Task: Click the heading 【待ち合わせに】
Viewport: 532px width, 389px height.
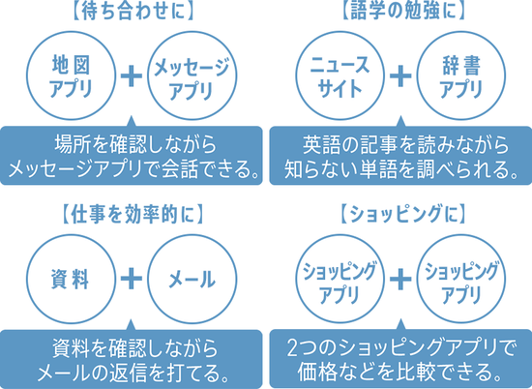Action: click(x=133, y=12)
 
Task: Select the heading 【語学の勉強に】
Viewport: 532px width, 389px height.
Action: click(x=401, y=12)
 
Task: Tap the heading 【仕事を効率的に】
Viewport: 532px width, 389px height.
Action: click(x=133, y=215)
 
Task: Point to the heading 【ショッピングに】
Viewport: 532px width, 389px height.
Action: click(x=401, y=215)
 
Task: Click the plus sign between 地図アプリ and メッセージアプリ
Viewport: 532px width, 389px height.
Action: click(x=132, y=75)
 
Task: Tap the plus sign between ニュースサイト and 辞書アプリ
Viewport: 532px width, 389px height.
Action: click(x=400, y=75)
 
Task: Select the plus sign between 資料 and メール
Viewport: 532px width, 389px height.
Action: click(x=132, y=279)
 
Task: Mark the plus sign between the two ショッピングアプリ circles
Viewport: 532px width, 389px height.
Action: click(x=400, y=279)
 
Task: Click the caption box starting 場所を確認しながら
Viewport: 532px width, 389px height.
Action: click(x=132, y=155)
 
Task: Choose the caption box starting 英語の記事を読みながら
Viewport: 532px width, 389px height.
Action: click(x=400, y=155)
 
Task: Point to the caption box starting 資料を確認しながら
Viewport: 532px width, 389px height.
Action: click(x=132, y=359)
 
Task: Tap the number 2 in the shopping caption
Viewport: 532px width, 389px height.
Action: click(x=292, y=348)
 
